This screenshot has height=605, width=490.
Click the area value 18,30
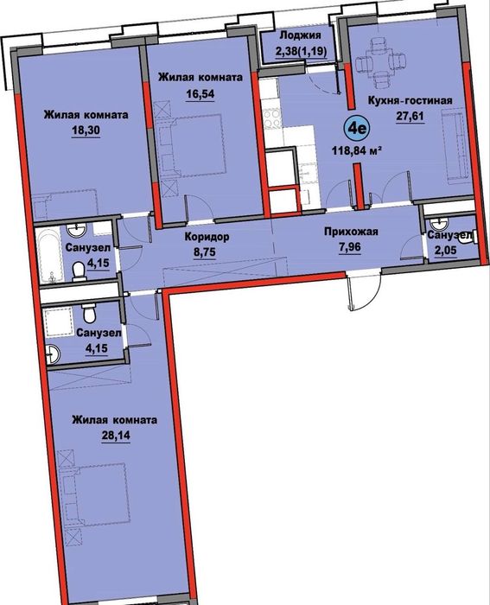86,131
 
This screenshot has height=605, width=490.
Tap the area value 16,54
200,93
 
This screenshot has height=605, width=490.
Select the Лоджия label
300,35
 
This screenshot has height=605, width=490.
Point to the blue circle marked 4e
357,128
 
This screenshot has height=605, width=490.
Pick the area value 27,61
410,116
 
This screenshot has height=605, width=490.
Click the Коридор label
207,236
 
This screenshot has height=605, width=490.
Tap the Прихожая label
351,232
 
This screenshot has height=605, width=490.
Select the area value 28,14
116,436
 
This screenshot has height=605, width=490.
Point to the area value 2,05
446,250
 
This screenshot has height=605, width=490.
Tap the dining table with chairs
381,61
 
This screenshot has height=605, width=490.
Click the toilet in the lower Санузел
90,313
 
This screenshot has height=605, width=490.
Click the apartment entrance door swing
365,292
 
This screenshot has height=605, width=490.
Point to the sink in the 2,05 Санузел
439,223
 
